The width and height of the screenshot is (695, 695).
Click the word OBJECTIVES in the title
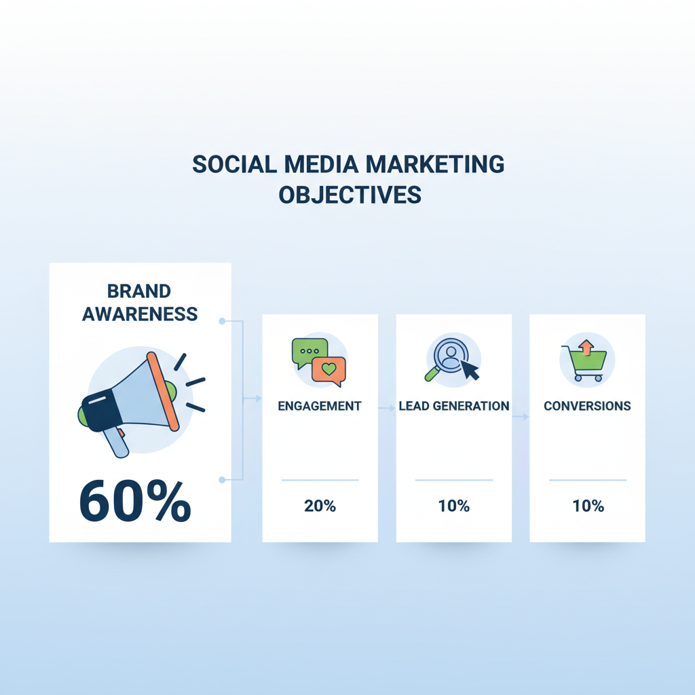(350, 195)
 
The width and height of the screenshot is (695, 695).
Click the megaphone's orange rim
(163, 392)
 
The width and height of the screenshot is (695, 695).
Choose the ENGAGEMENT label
(320, 407)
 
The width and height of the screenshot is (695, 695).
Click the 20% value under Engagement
(320, 506)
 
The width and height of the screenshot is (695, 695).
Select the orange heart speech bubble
(328, 371)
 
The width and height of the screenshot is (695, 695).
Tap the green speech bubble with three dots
(308, 352)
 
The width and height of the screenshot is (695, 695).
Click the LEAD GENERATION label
(453, 407)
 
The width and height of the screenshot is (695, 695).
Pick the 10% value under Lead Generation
(453, 506)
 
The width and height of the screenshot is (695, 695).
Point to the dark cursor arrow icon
(469, 370)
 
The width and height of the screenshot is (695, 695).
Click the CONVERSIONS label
(587, 407)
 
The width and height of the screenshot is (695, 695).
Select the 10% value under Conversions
(587, 506)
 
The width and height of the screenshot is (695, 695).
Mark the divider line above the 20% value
(320, 480)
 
